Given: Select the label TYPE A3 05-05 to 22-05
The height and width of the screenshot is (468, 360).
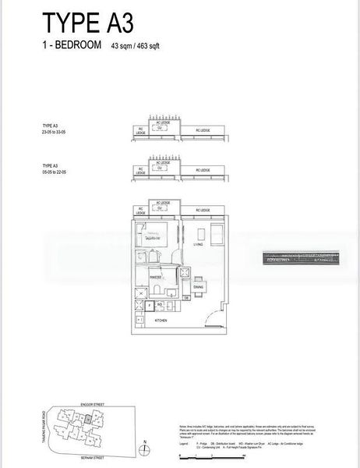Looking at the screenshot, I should click(57, 168).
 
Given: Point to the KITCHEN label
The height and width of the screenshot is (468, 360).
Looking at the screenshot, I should click(162, 321).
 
